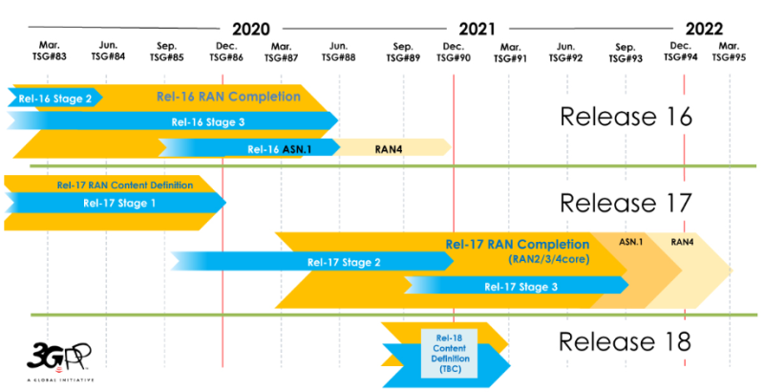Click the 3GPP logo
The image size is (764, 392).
pos(59,361)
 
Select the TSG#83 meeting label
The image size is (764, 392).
pos(50,56)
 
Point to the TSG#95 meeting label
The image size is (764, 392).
pos(729,57)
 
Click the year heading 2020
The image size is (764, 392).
pos(251,30)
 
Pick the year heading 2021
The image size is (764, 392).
pos(477,30)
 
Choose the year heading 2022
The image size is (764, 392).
pos(704,30)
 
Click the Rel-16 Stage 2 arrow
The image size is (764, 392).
pos(55,98)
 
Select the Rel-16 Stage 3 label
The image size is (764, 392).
pos(208,121)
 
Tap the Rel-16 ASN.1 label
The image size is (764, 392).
pos(279,149)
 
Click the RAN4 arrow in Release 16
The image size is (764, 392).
pos(393,148)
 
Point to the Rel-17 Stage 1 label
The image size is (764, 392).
pos(119,203)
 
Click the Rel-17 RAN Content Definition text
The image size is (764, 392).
pos(125,185)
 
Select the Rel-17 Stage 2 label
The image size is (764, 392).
pos(344,262)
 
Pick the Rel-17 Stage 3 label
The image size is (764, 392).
pos(520,287)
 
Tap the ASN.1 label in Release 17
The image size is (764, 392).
pos(631,241)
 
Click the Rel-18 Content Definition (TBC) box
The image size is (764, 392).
pos(449,353)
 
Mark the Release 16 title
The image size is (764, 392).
pos(626,116)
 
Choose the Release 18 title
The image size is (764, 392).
pos(625,341)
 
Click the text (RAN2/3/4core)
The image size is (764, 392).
pos(549,259)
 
